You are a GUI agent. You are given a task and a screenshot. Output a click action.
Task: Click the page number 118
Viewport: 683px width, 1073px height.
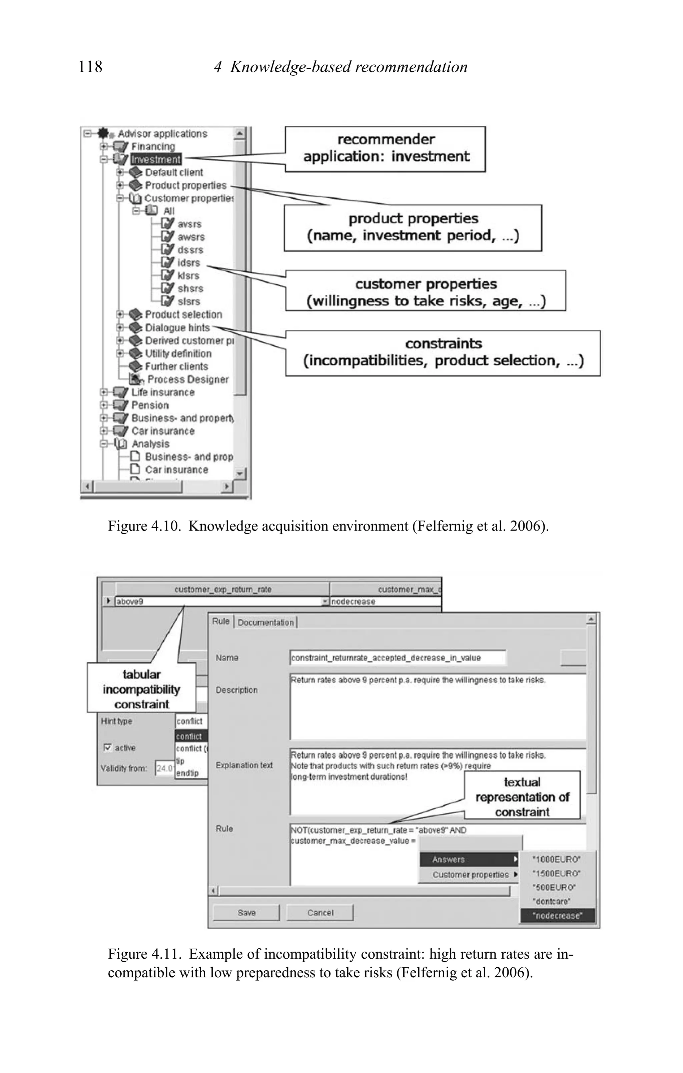(x=90, y=67)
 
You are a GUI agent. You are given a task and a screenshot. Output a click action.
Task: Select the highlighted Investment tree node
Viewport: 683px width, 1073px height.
(x=156, y=159)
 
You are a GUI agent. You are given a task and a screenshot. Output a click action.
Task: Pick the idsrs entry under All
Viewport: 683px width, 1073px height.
(x=188, y=263)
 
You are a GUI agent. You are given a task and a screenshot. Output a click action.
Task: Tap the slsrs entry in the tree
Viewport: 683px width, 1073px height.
(x=188, y=302)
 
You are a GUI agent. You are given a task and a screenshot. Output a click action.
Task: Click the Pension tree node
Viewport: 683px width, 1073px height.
(x=150, y=405)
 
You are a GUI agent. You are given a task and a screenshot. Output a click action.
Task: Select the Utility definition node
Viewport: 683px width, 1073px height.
(x=178, y=353)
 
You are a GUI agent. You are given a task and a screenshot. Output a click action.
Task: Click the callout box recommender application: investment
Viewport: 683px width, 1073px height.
(x=385, y=148)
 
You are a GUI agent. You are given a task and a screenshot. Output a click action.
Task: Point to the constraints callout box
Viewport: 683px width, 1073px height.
(x=443, y=352)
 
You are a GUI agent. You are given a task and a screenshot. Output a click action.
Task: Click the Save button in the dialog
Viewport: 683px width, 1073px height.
(x=246, y=912)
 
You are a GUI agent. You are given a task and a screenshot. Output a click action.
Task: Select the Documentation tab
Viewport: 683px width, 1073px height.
(x=266, y=623)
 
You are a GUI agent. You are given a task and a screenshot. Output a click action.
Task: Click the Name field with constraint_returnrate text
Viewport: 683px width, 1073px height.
(x=398, y=658)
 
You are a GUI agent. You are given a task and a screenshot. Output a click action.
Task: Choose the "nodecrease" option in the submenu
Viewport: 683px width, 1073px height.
(x=557, y=915)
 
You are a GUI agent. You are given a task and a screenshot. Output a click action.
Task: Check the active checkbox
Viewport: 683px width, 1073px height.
(x=107, y=747)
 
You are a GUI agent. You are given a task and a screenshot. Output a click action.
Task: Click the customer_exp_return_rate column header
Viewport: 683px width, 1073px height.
(x=222, y=589)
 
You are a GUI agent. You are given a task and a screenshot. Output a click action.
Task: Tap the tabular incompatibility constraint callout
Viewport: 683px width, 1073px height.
(x=141, y=689)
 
